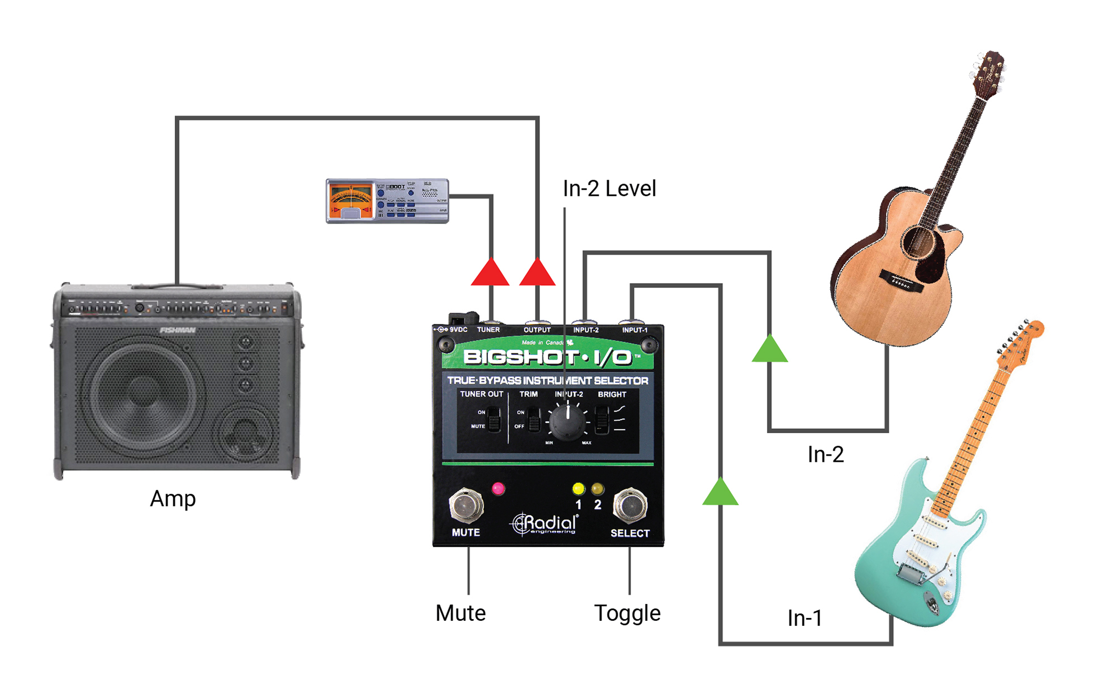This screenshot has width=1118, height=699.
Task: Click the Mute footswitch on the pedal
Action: click(466, 505)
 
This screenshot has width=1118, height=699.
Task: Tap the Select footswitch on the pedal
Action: click(630, 505)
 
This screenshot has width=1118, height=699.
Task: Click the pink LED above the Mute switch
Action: click(498, 489)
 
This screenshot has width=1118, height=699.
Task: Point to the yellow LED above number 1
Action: click(579, 489)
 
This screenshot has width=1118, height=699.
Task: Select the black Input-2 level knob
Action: click(568, 423)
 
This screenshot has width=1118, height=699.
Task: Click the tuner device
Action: click(387, 201)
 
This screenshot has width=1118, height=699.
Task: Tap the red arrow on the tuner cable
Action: click(490, 273)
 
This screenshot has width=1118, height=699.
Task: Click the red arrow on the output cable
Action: click(537, 273)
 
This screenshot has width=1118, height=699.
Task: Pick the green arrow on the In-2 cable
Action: click(770, 349)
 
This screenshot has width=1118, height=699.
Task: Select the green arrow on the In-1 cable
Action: click(721, 493)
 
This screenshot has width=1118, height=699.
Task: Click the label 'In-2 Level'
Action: click(609, 188)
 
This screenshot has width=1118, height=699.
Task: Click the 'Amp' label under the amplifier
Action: click(173, 498)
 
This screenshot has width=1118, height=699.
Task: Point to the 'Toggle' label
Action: click(627, 613)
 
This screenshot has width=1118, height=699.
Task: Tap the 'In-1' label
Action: click(804, 618)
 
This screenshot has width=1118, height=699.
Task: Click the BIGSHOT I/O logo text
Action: click(547, 357)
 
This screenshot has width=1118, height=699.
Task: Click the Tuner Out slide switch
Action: click(494, 419)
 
